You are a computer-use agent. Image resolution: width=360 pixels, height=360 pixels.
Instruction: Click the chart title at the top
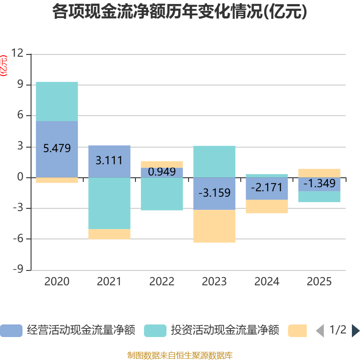180,12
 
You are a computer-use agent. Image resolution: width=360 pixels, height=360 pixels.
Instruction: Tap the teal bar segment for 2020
57,101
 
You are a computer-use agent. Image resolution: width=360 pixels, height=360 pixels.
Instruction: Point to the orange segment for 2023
214,226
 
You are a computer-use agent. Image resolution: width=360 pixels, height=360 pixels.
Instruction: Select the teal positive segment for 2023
214,162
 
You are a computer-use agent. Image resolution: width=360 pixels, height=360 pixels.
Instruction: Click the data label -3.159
214,193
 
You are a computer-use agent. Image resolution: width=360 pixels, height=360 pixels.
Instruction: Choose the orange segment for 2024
266,207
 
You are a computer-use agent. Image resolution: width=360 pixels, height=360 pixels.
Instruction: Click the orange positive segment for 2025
319,173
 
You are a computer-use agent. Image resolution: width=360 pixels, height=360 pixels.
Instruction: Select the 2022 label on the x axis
162,282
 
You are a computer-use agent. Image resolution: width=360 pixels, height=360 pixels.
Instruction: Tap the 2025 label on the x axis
319,282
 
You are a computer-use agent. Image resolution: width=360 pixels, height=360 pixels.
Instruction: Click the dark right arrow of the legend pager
355,331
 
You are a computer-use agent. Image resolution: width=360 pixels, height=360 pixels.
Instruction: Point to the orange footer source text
180,355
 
